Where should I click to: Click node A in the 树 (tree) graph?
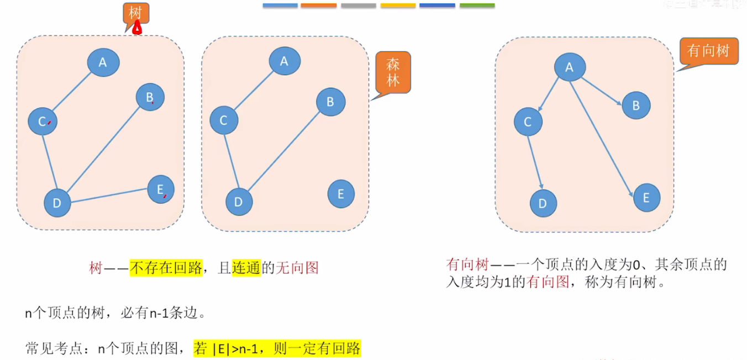(x=103, y=63)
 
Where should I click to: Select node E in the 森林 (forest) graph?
(x=341, y=194)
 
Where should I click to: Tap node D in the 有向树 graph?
(x=543, y=204)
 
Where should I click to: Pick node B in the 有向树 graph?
(x=636, y=105)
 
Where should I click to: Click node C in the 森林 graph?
(x=224, y=120)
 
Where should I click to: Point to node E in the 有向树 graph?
(x=646, y=198)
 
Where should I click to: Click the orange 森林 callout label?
(x=393, y=72)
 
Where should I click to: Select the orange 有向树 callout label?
(x=708, y=51)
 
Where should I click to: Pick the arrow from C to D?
(x=535, y=161)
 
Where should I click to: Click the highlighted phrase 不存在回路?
(x=166, y=268)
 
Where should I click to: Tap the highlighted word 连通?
(x=246, y=268)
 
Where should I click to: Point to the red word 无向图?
(x=297, y=268)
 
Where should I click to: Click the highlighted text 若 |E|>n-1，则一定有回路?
(x=277, y=348)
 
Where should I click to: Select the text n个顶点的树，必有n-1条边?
(x=115, y=313)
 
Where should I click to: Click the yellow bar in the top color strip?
(x=398, y=6)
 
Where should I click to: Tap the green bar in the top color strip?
(x=477, y=6)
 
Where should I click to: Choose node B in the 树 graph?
(x=150, y=97)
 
